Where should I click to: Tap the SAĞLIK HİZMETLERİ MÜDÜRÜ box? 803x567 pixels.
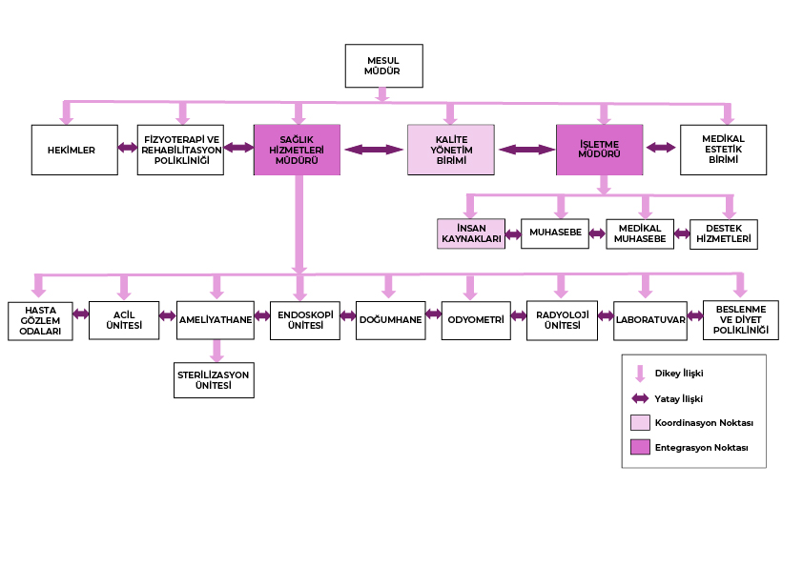pos(298,150)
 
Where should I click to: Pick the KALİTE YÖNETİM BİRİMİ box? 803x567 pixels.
pos(451,150)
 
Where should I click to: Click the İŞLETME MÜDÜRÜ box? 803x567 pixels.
pos(599,150)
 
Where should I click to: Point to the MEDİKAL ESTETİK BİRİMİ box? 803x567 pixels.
pos(723,150)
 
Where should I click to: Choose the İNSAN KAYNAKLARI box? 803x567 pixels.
pos(471,233)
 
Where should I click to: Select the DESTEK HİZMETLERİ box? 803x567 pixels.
pos(723,233)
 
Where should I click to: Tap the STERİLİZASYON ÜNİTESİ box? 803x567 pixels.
pos(214,380)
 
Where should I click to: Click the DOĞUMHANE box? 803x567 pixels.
pos(389,320)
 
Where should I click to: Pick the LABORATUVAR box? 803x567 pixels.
pos(649,320)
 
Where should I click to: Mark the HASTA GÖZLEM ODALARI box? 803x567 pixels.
pos(40,320)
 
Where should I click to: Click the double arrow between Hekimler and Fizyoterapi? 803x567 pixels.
pos(128,148)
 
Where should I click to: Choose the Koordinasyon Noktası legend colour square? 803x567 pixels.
pos(640,422)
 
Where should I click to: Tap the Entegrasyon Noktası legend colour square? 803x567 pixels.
pos(640,447)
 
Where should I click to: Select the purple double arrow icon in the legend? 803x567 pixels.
pos(640,398)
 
